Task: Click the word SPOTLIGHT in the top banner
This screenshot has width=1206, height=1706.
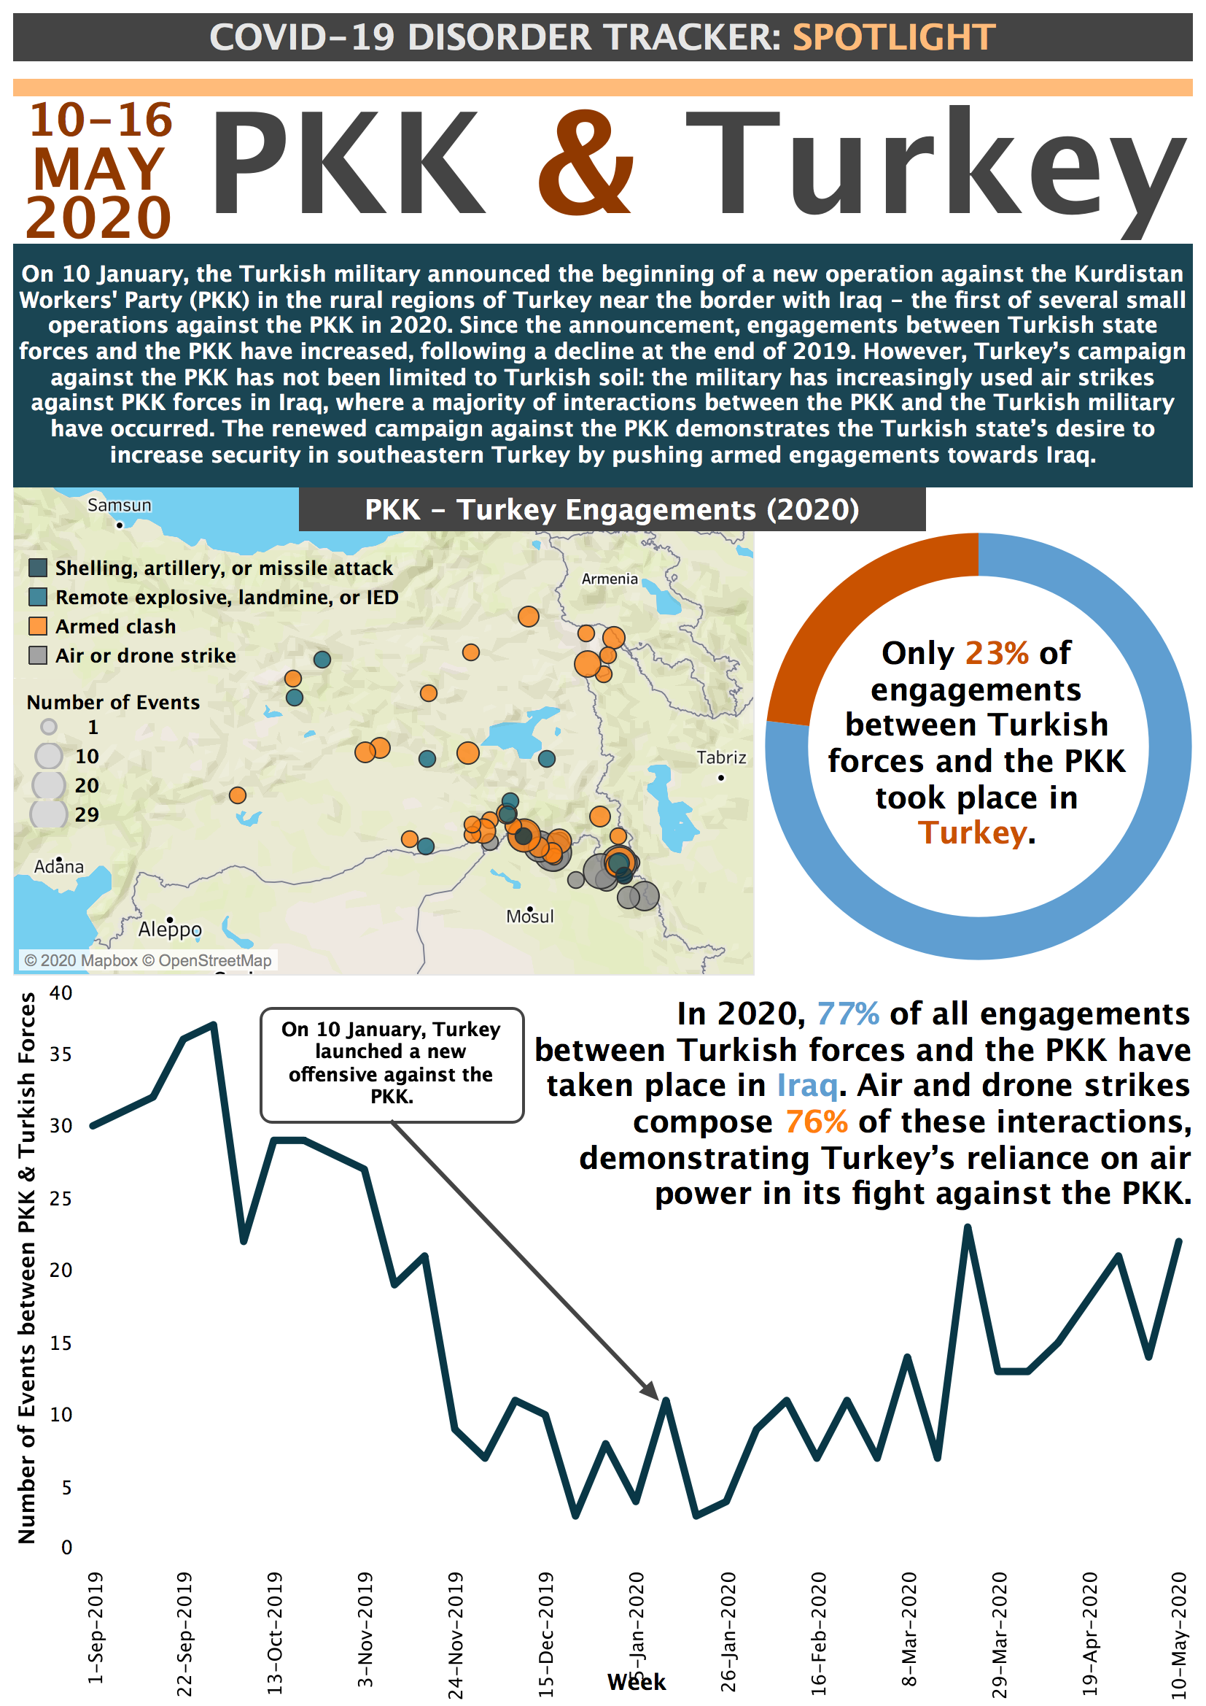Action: [893, 38]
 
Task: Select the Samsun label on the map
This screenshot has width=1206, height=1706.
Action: [119, 505]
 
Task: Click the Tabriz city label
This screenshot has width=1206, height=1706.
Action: [721, 757]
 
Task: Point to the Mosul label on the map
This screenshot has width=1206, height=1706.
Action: [529, 916]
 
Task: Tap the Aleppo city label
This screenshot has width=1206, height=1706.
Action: [169, 929]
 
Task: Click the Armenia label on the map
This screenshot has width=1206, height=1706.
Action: [609, 579]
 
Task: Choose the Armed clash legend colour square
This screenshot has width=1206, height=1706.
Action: [38, 626]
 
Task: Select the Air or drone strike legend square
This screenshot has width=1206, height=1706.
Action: [38, 655]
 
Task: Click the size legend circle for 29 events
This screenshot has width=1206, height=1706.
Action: [49, 814]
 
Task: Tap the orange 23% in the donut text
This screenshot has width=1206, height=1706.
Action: [997, 653]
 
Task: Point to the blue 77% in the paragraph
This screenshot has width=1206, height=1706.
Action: [847, 1014]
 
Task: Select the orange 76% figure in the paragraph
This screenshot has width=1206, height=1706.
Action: [816, 1122]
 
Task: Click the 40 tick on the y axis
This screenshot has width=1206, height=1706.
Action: [61, 992]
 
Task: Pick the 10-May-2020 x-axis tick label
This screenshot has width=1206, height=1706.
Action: [1178, 1634]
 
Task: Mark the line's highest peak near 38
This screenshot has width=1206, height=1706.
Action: [213, 1024]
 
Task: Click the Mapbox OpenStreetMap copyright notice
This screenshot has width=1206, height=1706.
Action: [148, 960]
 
